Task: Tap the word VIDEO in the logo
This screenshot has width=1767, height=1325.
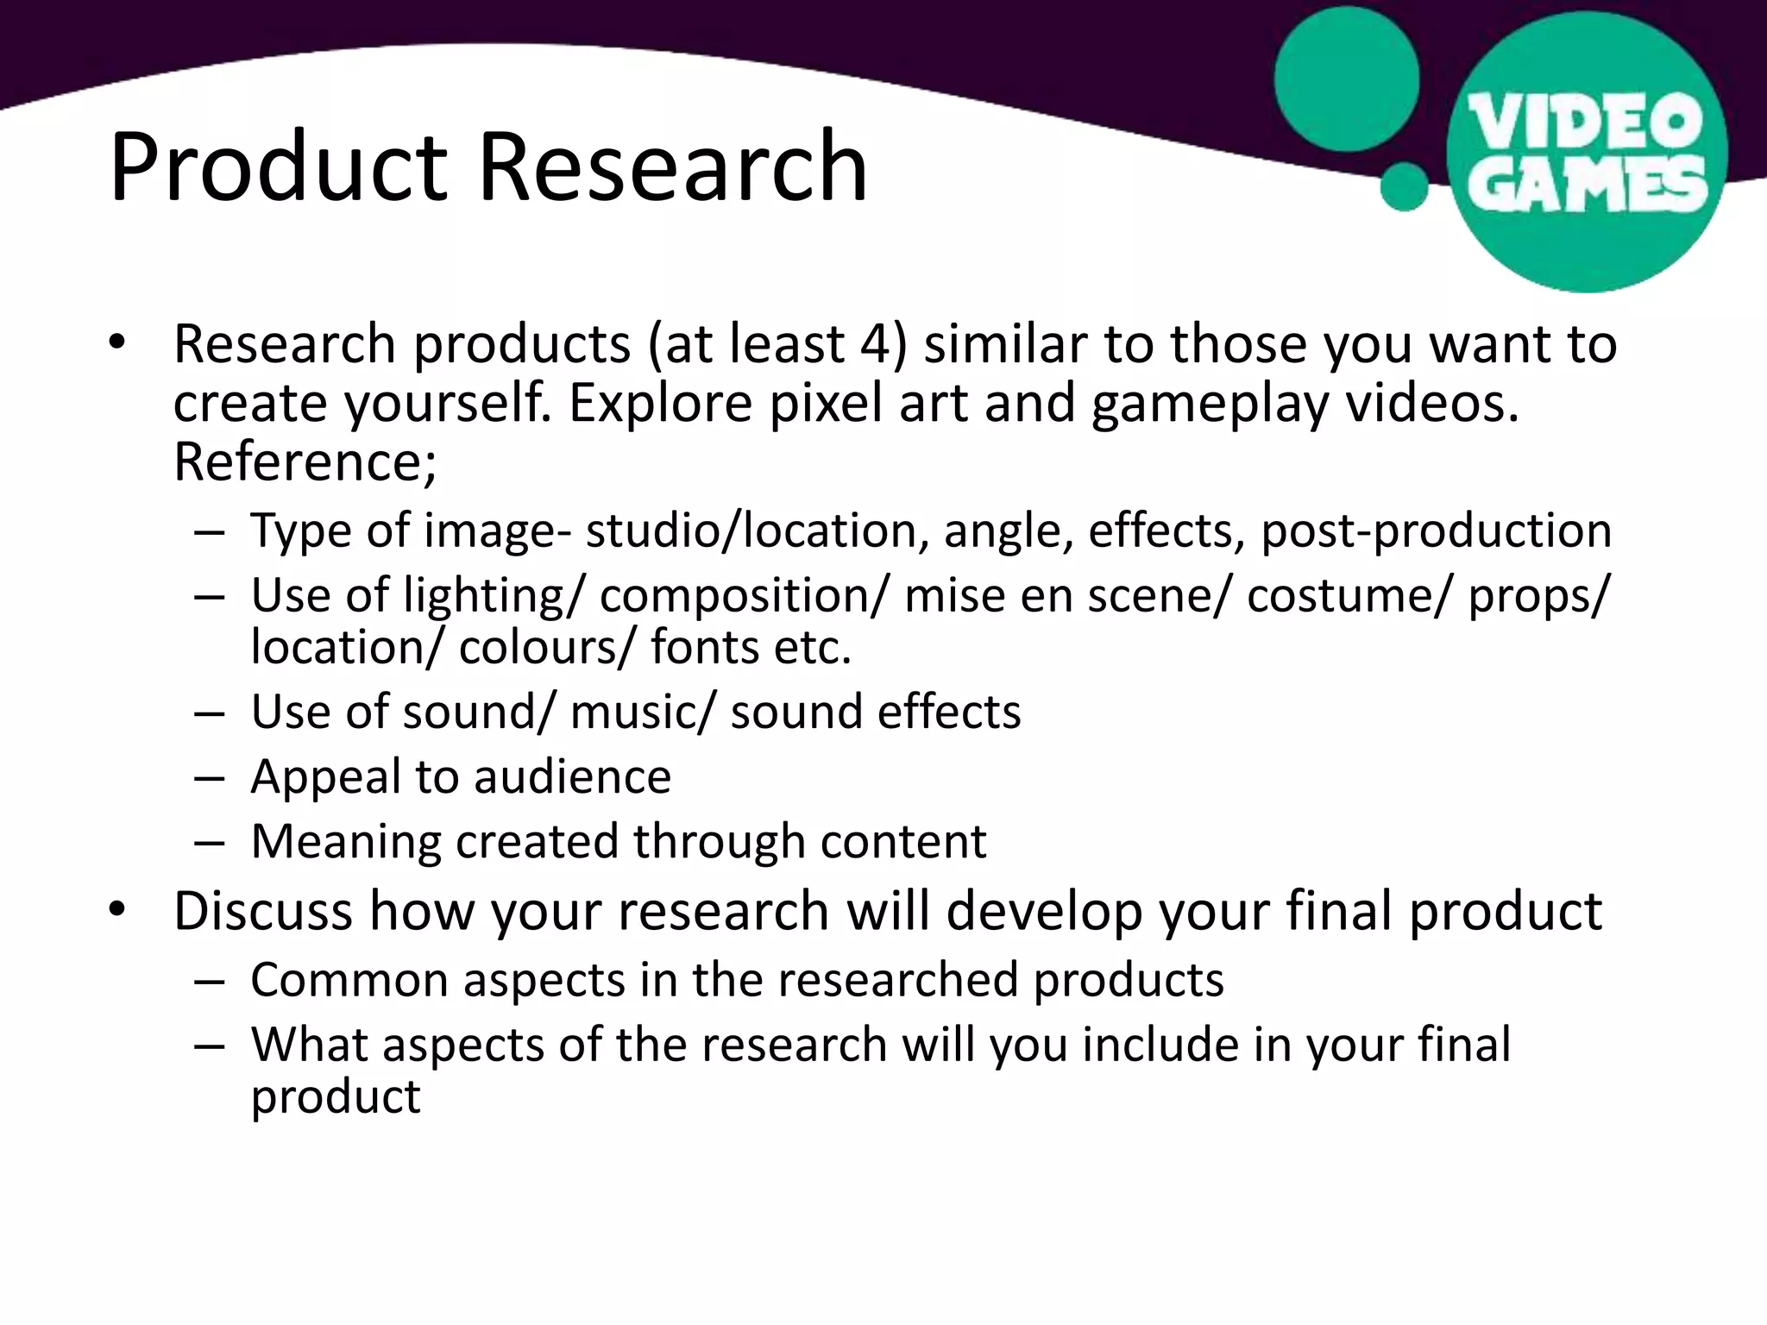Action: tap(1586, 122)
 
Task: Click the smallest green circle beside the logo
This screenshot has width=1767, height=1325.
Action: tap(1405, 185)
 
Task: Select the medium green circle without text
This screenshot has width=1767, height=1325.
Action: tap(1346, 78)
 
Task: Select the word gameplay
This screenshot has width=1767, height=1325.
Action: tap(1209, 405)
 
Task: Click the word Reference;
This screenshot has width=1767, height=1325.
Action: tap(305, 462)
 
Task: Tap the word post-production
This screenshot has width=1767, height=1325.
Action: tap(1436, 531)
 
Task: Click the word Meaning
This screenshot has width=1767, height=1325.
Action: tap(345, 842)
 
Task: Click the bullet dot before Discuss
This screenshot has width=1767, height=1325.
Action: tap(117, 909)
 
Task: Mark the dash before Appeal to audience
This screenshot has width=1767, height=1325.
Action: tap(209, 778)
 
